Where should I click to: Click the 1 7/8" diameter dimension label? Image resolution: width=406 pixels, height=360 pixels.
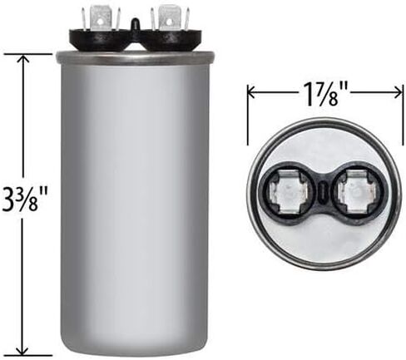(324, 93)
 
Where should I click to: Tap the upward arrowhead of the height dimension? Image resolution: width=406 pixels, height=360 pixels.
(24, 60)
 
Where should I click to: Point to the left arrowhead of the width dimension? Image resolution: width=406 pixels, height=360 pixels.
(252, 93)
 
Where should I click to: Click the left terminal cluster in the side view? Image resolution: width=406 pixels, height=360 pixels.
(101, 19)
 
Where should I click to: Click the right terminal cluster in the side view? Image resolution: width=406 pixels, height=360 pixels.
(170, 19)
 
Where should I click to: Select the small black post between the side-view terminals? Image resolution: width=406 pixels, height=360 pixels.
(136, 23)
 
